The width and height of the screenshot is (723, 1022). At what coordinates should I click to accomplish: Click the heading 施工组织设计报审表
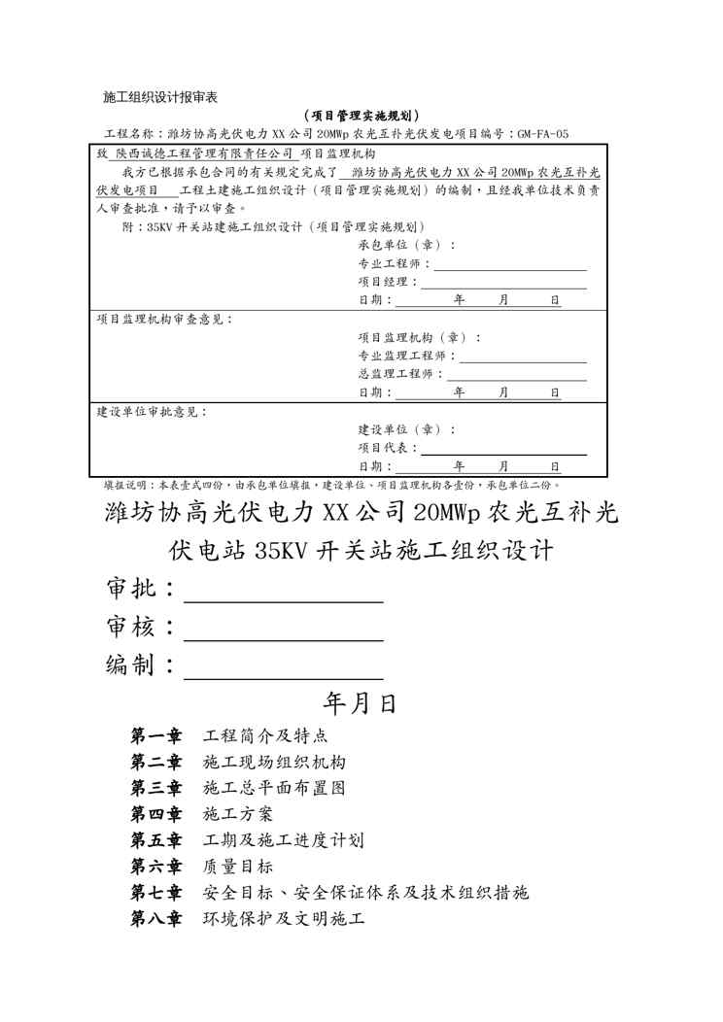pos(159,97)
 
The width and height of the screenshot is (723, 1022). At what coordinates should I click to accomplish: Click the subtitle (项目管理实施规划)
pos(361,116)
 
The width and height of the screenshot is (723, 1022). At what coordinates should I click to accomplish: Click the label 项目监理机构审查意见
pos(164,319)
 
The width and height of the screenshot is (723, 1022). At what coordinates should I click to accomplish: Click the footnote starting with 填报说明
pos(331,484)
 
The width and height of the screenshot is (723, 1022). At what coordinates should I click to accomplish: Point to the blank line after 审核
pos(283,630)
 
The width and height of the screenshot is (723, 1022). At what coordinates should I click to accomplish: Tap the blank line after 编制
pos(283,669)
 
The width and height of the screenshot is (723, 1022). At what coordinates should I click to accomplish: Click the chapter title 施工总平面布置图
pos(274,788)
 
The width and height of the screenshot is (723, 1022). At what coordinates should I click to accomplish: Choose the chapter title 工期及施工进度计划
pos(283,840)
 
